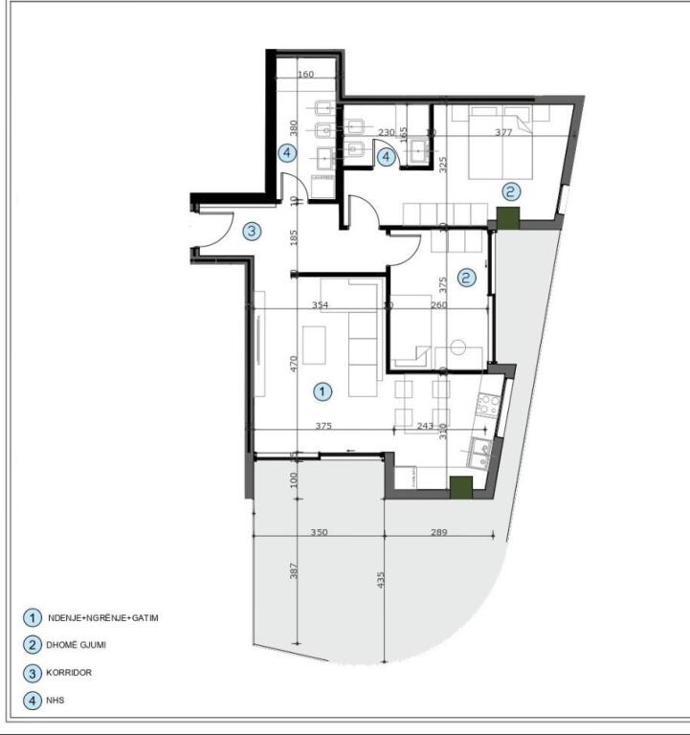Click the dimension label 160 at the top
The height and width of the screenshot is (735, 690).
[x=305, y=75]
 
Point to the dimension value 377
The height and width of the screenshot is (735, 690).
[x=504, y=133]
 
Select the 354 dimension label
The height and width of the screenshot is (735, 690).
[x=321, y=305]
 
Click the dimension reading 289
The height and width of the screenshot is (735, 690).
[x=439, y=532]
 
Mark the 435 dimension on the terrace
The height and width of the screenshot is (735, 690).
[x=381, y=580]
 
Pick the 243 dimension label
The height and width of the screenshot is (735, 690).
[x=426, y=427]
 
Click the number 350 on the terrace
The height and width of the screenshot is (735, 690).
[x=319, y=532]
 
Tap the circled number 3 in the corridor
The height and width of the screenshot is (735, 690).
[x=251, y=231]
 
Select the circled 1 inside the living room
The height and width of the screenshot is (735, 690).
[x=323, y=390]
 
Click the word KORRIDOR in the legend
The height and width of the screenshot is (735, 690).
[x=70, y=673]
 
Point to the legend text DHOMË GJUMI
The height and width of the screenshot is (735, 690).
[x=77, y=645]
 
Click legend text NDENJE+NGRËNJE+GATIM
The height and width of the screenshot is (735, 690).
[x=102, y=617]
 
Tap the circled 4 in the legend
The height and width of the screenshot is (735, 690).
[x=33, y=702]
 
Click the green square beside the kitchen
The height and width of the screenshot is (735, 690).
[x=461, y=487]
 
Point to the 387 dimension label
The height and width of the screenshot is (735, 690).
[x=295, y=570]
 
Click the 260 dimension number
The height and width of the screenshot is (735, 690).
[x=438, y=305]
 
